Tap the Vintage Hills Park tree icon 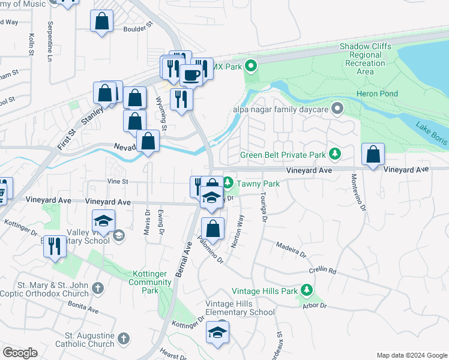pyautogui.click(x=307, y=291)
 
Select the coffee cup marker pyautogui.click(x=191, y=74)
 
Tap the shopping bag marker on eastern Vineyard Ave pyautogui.click(x=373, y=154)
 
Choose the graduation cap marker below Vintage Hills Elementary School pyautogui.click(x=217, y=332)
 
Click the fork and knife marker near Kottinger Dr pyautogui.click(x=55, y=245)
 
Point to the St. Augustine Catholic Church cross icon pyautogui.click(x=124, y=339)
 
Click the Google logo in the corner pyautogui.click(x=20, y=352)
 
